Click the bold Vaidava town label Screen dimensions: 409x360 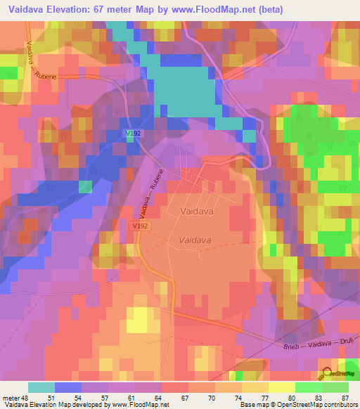tap(197, 210)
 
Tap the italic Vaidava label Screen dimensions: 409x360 tap(195, 240)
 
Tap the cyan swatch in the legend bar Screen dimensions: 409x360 tap(41, 387)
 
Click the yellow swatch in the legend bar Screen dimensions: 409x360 tap(281, 387)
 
